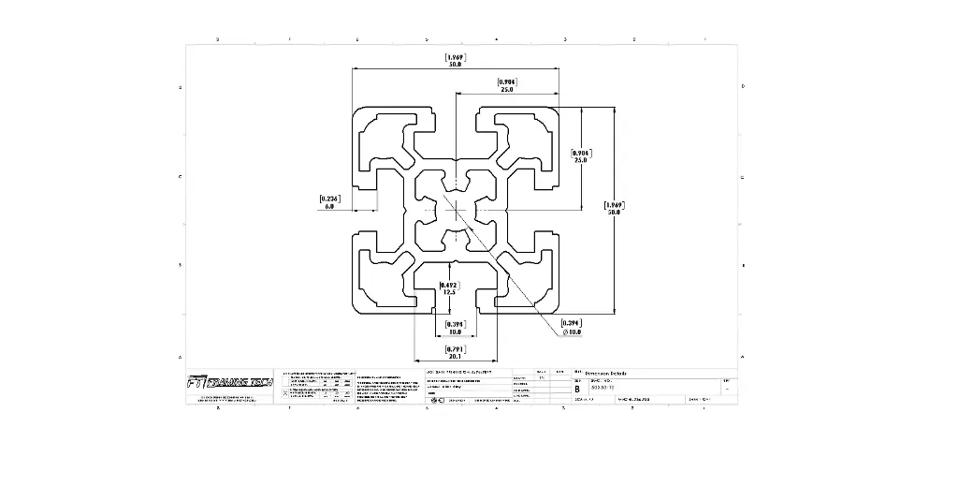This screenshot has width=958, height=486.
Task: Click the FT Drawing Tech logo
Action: tap(229, 382)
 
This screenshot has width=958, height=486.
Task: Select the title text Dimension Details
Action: tap(606, 374)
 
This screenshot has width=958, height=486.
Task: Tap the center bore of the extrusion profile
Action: tap(457, 207)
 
